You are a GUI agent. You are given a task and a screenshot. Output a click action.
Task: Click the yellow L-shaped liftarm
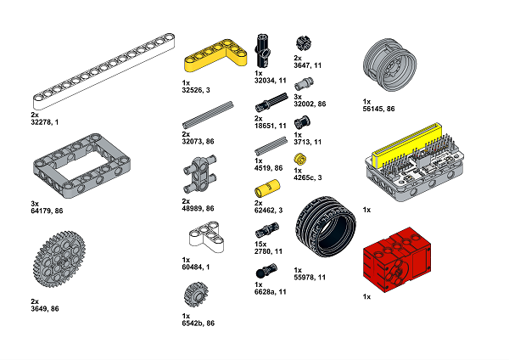201,62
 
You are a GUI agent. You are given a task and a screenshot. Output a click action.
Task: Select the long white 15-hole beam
103,70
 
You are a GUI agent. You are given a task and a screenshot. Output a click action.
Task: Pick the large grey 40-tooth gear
59,259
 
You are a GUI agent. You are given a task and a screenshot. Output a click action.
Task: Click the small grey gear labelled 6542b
196,295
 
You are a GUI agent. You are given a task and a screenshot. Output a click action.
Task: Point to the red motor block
397,260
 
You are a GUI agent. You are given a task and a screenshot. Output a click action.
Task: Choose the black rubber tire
326,227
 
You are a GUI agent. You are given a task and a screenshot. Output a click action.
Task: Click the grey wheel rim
389,65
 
